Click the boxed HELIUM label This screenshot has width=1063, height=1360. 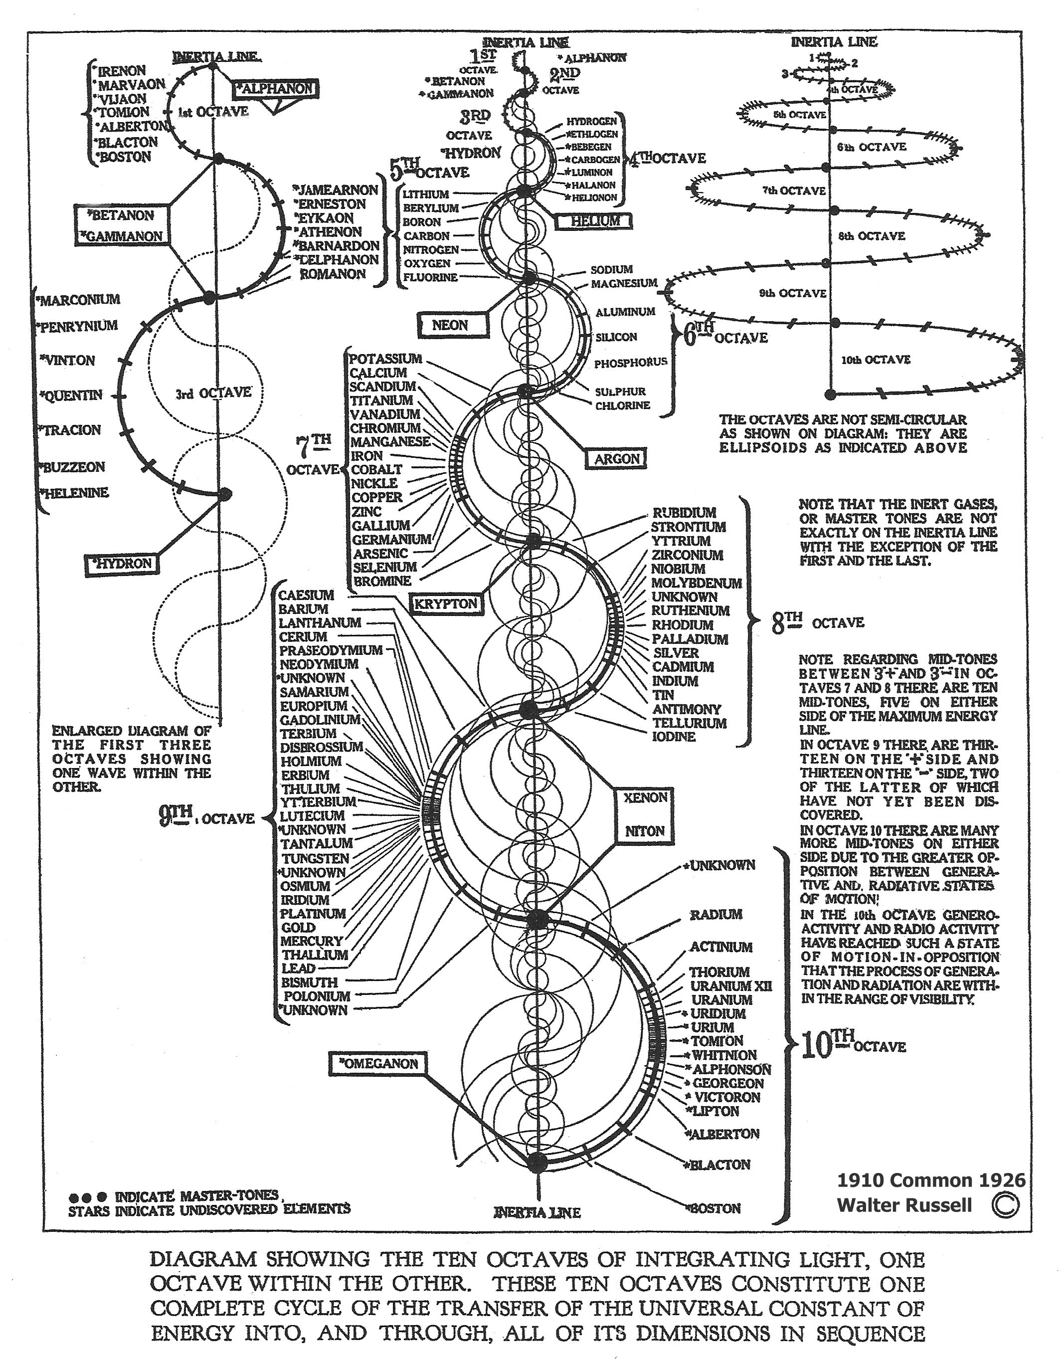coord(595,220)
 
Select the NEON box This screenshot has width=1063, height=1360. coord(450,325)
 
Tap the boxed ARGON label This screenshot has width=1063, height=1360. coord(616,459)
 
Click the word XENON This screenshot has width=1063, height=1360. coord(645,797)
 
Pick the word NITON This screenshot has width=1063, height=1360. coord(645,831)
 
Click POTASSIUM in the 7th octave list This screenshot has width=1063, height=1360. coord(385,359)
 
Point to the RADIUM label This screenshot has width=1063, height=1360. coord(715,914)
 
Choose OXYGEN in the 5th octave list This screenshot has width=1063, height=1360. coord(427,263)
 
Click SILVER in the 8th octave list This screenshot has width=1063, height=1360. coord(676,653)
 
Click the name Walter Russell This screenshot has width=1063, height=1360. coord(904,1205)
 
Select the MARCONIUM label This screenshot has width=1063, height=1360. coord(80,300)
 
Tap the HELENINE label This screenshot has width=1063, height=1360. coord(75,493)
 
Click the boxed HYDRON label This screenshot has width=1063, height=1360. coord(121,564)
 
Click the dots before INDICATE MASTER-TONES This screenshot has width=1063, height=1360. coord(87,1197)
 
